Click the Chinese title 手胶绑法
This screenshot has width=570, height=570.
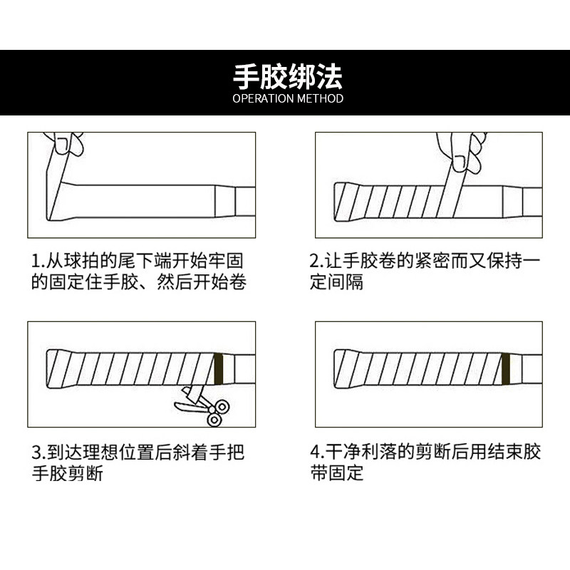287,77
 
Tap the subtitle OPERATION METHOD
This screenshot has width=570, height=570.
288,98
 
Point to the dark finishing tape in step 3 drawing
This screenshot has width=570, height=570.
218,369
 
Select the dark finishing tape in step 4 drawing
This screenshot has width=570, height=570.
506,369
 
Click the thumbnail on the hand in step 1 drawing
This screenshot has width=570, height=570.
61,145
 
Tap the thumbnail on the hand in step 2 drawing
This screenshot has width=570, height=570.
459,163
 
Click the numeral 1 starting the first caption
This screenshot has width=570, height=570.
35,261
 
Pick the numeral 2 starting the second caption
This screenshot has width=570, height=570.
313,261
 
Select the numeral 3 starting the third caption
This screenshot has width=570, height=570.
36,452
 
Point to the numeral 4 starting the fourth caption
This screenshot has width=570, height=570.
315,452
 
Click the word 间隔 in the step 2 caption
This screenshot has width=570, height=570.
346,281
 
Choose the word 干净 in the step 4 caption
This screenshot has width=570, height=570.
343,452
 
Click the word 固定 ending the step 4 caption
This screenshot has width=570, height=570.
346,472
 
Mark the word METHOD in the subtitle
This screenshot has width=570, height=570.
320,98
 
